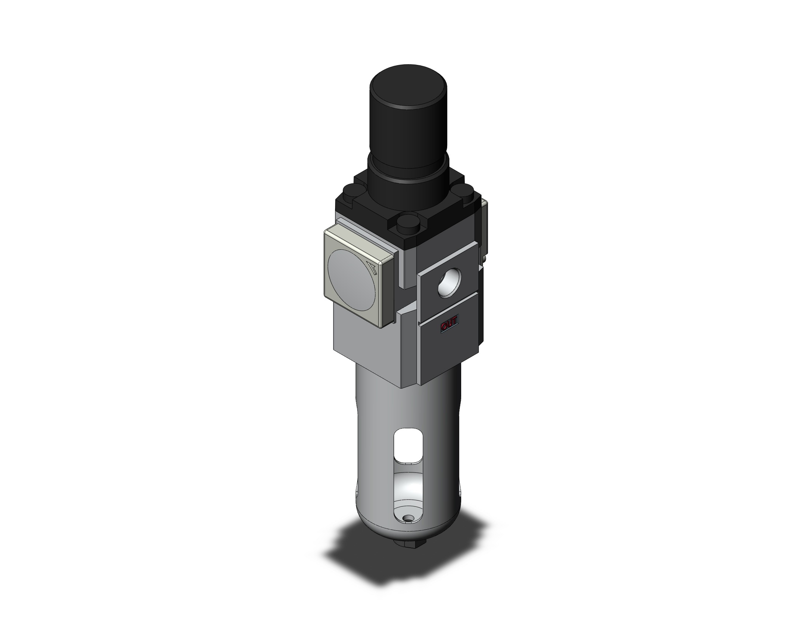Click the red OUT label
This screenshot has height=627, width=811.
pyautogui.click(x=449, y=326)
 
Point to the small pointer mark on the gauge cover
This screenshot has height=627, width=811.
pyautogui.click(x=372, y=268)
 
